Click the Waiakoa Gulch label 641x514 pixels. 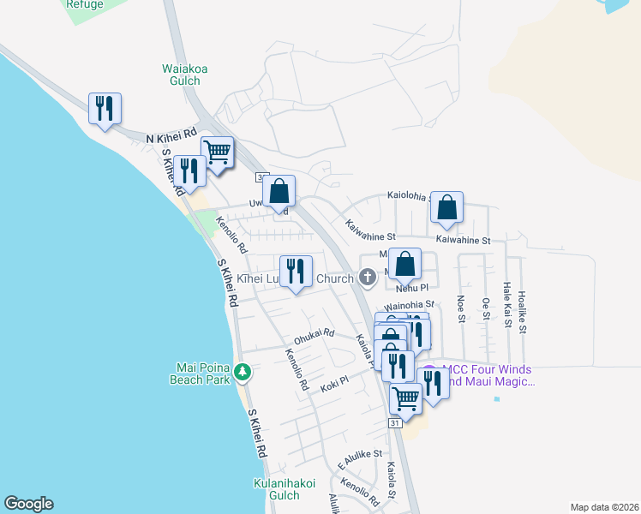[181, 75]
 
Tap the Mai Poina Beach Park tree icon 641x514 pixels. [243, 371]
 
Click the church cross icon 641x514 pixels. [368, 278]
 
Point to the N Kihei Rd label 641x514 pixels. [171, 136]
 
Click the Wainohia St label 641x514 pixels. [410, 304]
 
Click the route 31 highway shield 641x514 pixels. [395, 423]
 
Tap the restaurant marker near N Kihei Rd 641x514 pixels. [105, 109]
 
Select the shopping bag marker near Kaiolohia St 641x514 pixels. [446, 207]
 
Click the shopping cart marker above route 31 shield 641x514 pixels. [405, 398]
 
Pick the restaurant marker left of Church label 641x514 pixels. [297, 272]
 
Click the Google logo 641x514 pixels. [28, 504]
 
